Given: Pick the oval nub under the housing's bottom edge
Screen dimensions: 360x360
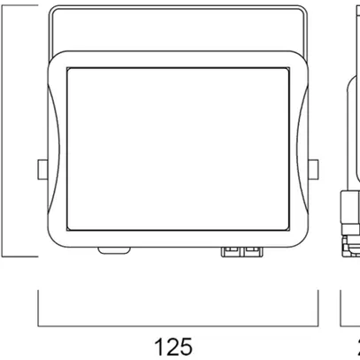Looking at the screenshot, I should tap(112, 250).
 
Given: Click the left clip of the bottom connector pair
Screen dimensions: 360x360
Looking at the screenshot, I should tap(233, 251).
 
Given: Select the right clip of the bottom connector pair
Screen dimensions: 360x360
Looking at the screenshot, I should tap(253, 251).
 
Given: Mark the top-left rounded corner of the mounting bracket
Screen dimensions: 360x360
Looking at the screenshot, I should tap(53, 11).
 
